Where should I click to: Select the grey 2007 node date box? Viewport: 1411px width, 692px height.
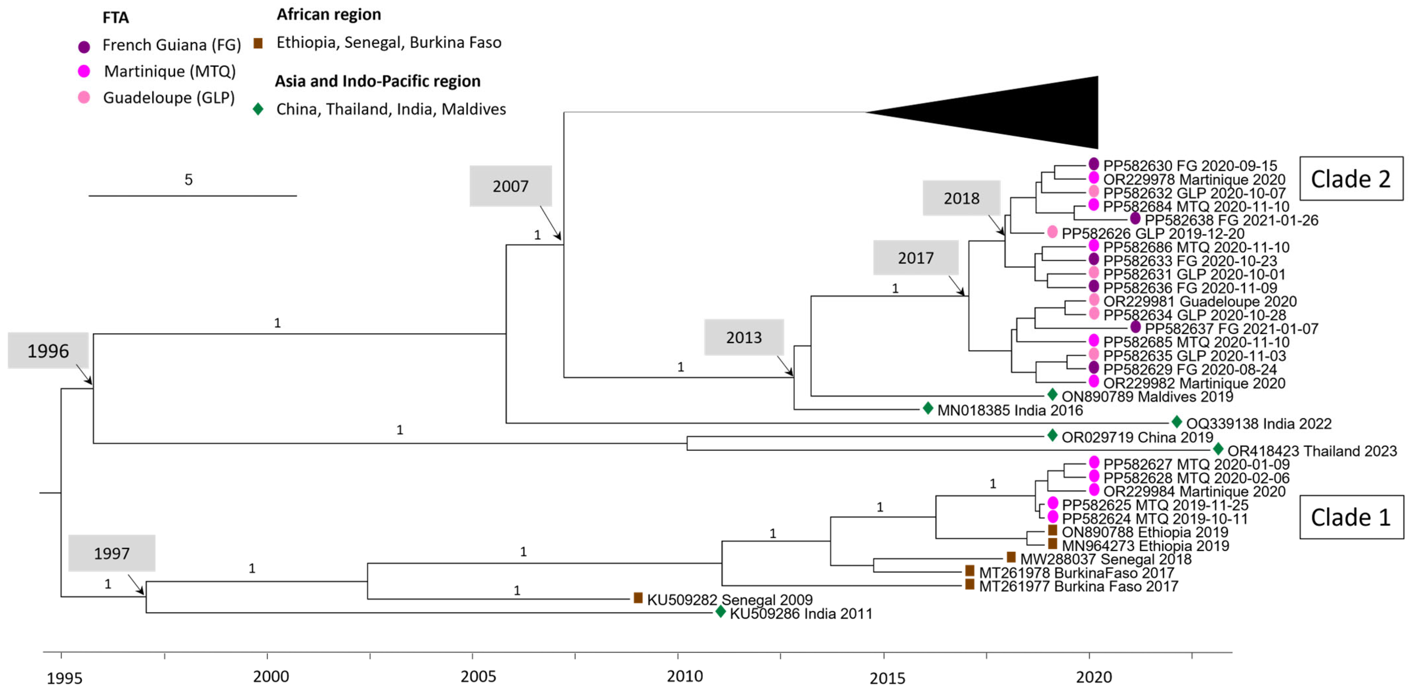pyautogui.click(x=510, y=186)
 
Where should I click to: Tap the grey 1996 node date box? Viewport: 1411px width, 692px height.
pyautogui.click(x=48, y=350)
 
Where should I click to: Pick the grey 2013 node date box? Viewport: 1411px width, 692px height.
pyautogui.click(x=743, y=337)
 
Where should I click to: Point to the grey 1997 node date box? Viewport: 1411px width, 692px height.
pyautogui.click(x=112, y=553)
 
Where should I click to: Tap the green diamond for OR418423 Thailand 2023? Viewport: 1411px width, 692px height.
pyautogui.click(x=1218, y=449)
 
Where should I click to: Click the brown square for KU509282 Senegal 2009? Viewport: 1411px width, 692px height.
pyautogui.click(x=638, y=598)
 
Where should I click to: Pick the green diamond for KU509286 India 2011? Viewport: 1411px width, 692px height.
pyautogui.click(x=721, y=611)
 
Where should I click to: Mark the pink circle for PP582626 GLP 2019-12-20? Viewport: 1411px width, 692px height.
pyautogui.click(x=1052, y=231)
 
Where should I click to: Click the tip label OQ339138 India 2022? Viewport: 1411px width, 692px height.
pyautogui.click(x=1258, y=424)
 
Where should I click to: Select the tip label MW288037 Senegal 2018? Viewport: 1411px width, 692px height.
pyautogui.click(x=1105, y=559)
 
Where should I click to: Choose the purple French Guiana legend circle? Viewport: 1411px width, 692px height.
pyautogui.click(x=84, y=46)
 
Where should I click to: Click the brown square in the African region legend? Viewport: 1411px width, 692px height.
pyautogui.click(x=258, y=43)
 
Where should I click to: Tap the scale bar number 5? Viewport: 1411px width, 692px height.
pyautogui.click(x=188, y=180)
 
